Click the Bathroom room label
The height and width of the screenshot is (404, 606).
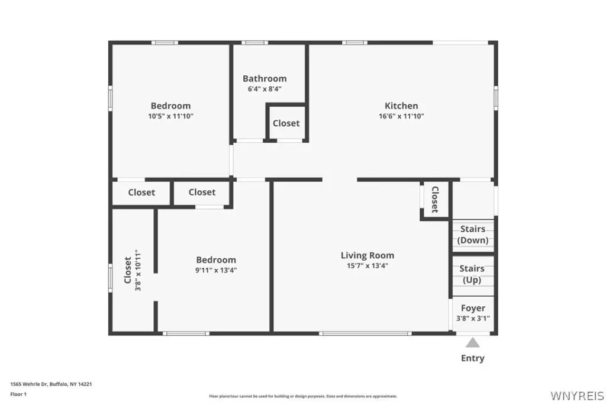tap(265, 79)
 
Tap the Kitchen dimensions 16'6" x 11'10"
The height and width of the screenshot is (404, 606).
tap(401, 116)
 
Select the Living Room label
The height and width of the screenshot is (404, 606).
tap(368, 255)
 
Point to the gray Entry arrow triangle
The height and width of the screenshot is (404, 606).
tap(472, 342)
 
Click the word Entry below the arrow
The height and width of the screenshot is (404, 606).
tap(473, 358)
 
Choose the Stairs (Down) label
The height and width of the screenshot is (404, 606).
tap(473, 235)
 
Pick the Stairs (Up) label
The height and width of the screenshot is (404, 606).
tap(472, 274)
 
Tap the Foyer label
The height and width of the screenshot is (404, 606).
tap(473, 308)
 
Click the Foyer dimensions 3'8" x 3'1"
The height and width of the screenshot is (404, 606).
tap(473, 319)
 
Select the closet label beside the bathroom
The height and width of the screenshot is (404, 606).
tap(286, 123)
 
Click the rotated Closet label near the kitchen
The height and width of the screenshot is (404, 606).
tap(435, 200)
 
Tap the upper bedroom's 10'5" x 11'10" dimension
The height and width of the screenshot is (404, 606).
tap(171, 116)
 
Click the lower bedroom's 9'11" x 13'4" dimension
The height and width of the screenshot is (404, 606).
tap(216, 270)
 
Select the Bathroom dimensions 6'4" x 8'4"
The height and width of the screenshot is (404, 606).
tap(265, 89)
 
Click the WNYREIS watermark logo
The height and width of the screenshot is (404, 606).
tap(577, 396)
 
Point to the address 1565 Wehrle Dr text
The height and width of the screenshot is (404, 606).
tap(51, 384)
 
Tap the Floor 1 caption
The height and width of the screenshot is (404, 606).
tap(18, 395)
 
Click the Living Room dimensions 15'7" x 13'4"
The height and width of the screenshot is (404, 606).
tap(368, 266)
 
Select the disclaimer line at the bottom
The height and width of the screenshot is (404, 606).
tap(303, 396)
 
